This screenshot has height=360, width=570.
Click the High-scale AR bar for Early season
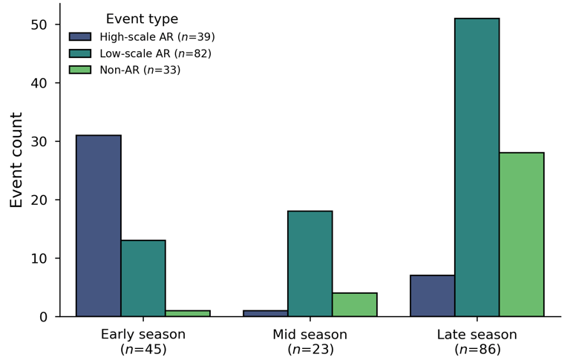(x=99, y=226)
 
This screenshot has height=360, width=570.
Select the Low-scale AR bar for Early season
(x=143, y=278)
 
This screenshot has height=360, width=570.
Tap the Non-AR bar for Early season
(x=188, y=313)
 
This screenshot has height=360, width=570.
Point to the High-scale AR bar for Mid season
(x=266, y=313)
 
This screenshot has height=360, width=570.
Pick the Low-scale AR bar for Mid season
(x=310, y=264)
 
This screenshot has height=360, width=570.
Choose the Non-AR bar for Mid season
(x=355, y=305)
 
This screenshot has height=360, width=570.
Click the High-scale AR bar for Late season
(x=433, y=296)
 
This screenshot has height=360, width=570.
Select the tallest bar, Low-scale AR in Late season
(x=477, y=167)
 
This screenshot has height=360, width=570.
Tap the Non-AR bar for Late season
(x=522, y=235)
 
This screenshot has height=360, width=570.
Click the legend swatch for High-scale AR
(x=80, y=36)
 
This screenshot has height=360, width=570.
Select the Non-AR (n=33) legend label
(x=140, y=70)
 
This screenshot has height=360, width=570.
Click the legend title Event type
(x=142, y=19)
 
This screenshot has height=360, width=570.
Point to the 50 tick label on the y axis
(x=39, y=24)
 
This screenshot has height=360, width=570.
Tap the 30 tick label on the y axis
(x=39, y=142)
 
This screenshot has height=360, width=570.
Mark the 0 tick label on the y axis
(x=44, y=317)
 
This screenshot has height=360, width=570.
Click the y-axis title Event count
(x=16, y=160)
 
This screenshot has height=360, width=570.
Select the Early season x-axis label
(x=143, y=335)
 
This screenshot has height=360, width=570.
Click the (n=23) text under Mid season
(x=310, y=350)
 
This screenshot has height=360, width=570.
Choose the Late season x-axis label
(x=477, y=335)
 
